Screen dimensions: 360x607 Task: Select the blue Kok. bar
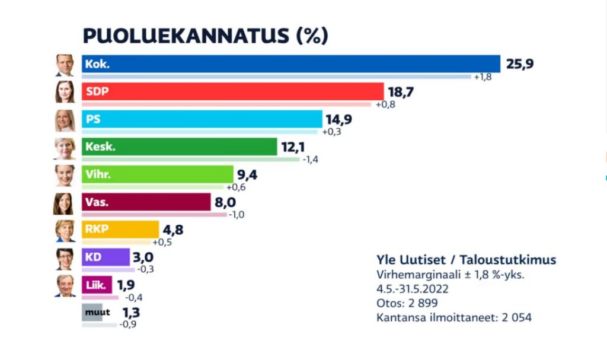(x=290, y=64)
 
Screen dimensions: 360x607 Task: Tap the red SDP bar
(x=233, y=91)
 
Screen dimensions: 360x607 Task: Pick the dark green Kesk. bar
(x=179, y=146)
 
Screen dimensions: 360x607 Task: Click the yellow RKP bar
(x=120, y=229)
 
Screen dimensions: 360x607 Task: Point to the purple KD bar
(x=106, y=257)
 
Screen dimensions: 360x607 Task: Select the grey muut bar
(x=92, y=313)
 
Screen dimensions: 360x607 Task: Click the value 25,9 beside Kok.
(x=520, y=63)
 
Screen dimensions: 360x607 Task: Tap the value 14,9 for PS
(x=338, y=119)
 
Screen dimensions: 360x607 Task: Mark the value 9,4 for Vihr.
(x=249, y=174)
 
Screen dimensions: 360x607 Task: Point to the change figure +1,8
(x=483, y=77)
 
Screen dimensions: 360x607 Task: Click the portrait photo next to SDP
(x=65, y=92)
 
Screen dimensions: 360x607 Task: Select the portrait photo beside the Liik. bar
(x=65, y=285)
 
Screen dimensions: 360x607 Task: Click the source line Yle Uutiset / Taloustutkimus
(x=466, y=260)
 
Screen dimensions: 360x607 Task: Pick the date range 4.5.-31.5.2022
(x=413, y=289)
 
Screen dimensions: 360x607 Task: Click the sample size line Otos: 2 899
(x=407, y=303)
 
